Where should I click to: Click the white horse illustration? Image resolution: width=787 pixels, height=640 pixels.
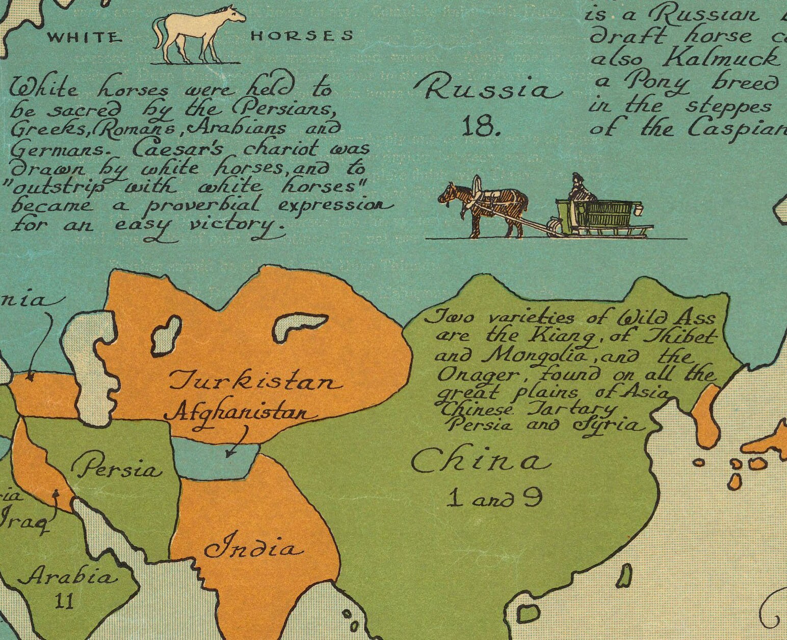pyautogui.click(x=196, y=34)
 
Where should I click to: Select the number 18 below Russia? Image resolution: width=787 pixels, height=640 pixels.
pyautogui.click(x=480, y=126)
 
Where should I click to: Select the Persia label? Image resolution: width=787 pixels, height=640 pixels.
pyautogui.click(x=116, y=468)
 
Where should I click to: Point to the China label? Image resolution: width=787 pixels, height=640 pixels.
pyautogui.click(x=481, y=462)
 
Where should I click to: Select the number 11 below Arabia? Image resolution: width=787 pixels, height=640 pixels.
pyautogui.click(x=65, y=601)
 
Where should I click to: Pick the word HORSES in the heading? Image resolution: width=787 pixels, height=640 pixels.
pyautogui.click(x=302, y=36)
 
